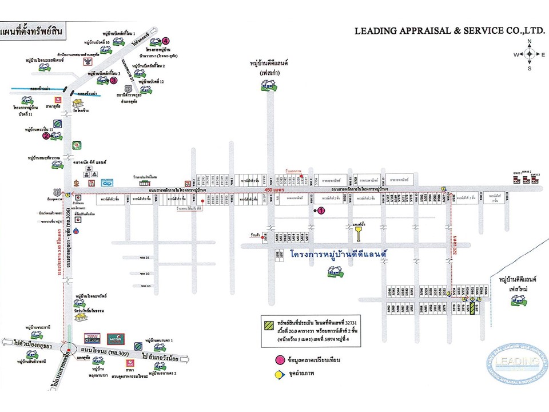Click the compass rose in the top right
(529, 54)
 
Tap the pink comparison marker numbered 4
(165, 41)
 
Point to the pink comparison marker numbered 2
(46, 136)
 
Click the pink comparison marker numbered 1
(321, 211)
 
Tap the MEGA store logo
(116, 339)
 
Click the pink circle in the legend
(280, 359)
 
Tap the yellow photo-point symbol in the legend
(280, 375)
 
